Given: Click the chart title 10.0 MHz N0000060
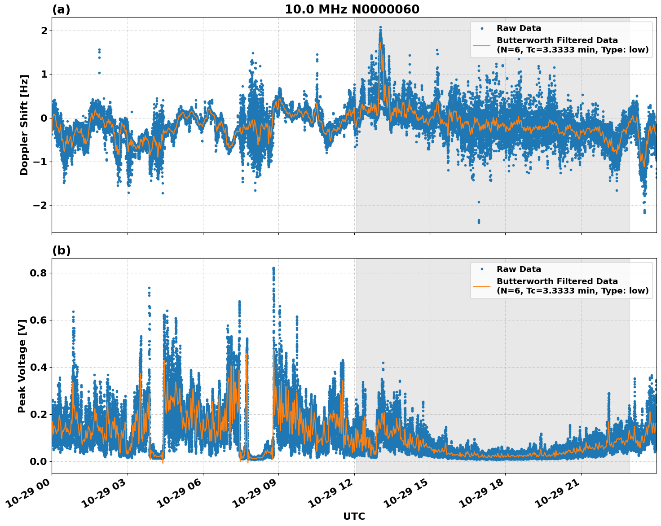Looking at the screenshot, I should click(352, 9).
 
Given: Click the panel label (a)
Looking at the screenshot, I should click(61, 9).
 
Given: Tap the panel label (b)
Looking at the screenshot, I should click(61, 250).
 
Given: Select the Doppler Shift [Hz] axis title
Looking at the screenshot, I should click(24, 125).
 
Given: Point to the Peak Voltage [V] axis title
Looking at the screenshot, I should click(22, 365).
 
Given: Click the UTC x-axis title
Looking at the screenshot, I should click(354, 516).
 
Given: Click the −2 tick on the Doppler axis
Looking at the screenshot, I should click(40, 205).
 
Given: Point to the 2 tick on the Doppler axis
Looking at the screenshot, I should click(44, 31).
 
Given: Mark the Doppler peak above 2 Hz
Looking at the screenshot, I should click(380, 28).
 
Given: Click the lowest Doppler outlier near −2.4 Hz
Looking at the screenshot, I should click(479, 221).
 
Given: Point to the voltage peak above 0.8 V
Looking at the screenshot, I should click(273, 268).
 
